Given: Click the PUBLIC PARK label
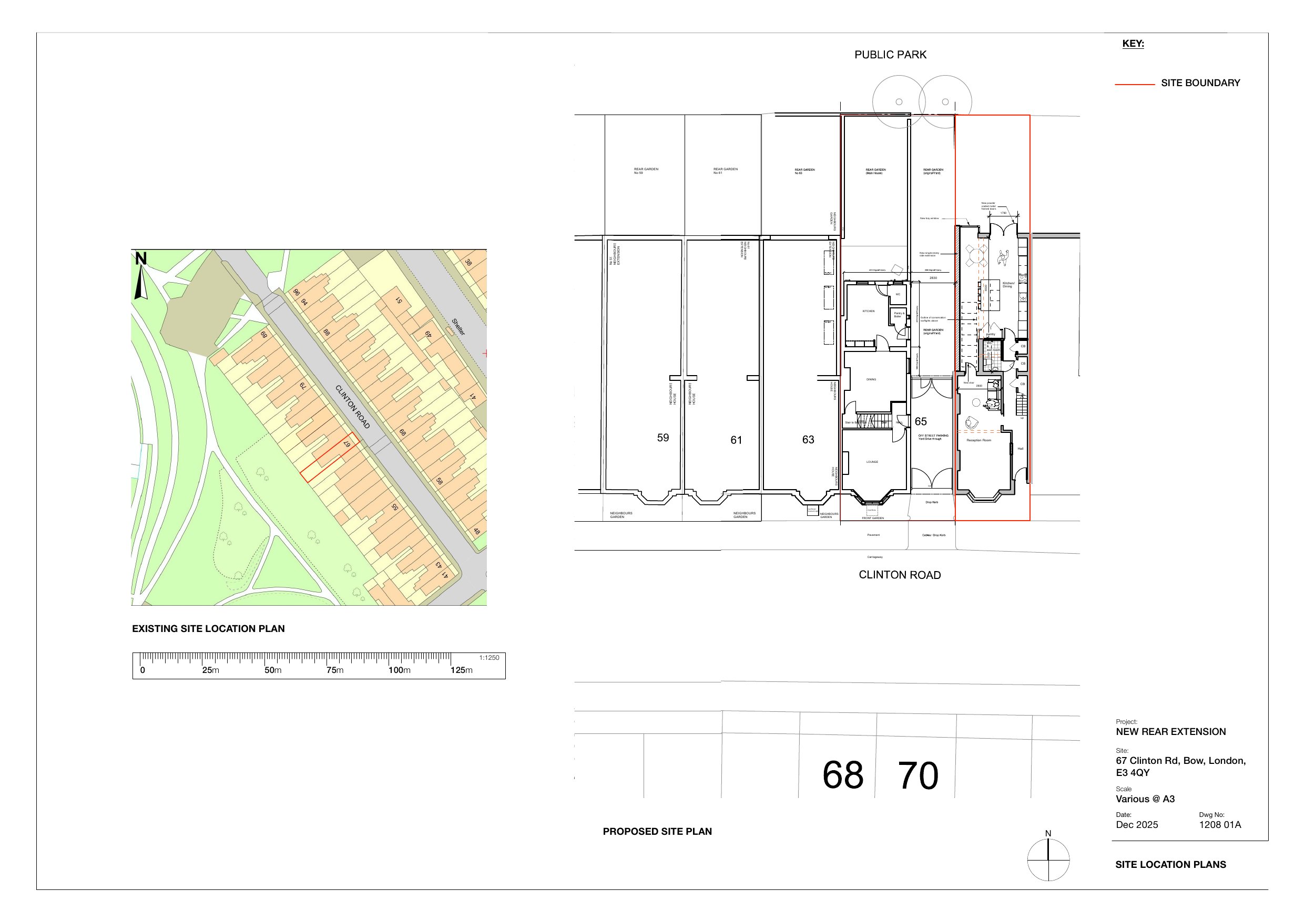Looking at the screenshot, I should coord(890,55).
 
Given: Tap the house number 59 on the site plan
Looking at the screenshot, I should coord(662,438).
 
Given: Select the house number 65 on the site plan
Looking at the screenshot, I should coord(921,421).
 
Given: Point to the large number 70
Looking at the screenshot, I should coord(918,776).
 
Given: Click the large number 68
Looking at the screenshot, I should coord(843,776).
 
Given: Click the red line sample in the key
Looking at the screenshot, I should coord(1135,85).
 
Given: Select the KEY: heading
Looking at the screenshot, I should coord(1133,44).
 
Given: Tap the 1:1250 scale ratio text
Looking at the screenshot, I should coord(489,658).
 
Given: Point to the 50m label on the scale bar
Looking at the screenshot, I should coord(273,670).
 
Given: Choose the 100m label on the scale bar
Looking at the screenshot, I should coord(399,670).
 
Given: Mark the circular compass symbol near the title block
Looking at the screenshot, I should coord(1048,859).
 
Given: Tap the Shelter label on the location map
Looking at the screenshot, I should coord(458,327).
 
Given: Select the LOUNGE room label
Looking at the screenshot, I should coord(872,462).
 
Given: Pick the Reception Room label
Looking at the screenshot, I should coord(979,440).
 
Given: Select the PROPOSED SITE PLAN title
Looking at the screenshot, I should coord(657,832).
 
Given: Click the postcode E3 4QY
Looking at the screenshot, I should coord(1133,773).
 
